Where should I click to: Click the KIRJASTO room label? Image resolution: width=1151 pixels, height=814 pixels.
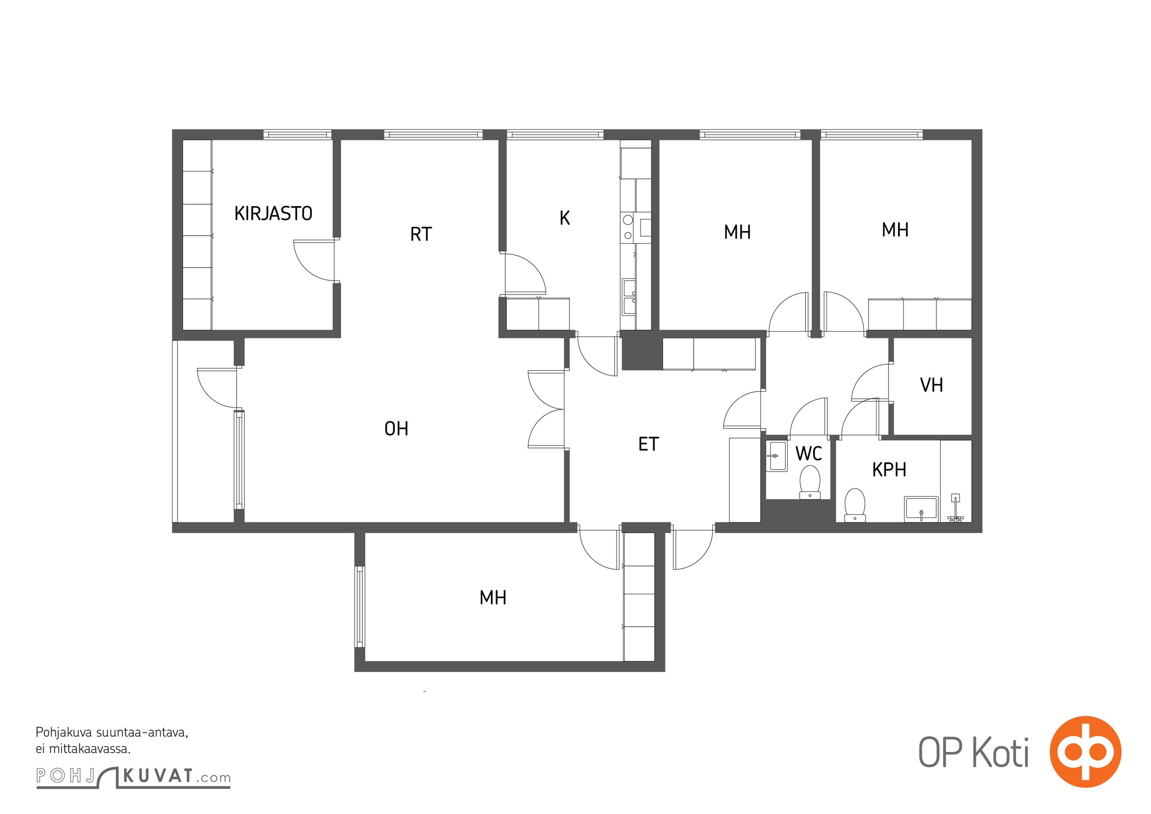click(x=273, y=213)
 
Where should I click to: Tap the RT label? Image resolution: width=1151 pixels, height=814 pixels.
click(x=421, y=234)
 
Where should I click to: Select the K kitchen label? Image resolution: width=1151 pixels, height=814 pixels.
click(x=564, y=218)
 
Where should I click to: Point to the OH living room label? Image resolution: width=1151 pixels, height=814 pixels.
click(x=396, y=428)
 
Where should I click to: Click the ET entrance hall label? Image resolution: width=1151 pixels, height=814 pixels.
click(x=648, y=444)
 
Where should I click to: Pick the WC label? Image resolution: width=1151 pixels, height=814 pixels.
click(x=809, y=453)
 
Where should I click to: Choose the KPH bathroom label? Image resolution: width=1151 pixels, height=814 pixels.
click(x=889, y=470)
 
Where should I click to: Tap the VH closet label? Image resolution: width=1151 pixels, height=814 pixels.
click(x=931, y=385)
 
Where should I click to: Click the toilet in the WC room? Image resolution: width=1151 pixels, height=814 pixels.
click(x=810, y=482)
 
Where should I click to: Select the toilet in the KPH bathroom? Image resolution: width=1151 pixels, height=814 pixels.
click(x=855, y=505)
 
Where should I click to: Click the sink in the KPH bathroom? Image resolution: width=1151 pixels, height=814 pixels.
click(x=921, y=509)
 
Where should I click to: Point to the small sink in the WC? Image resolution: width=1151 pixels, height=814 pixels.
click(x=776, y=456)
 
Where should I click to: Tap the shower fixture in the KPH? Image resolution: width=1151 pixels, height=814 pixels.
click(x=956, y=508)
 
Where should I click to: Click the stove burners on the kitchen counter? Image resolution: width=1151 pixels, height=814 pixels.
click(x=628, y=227)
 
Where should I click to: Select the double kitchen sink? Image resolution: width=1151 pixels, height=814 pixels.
click(x=629, y=297)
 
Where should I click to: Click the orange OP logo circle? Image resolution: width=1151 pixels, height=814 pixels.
click(x=1085, y=751)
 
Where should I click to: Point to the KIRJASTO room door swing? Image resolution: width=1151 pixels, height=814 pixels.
click(x=314, y=260)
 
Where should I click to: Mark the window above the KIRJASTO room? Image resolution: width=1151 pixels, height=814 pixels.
click(x=298, y=134)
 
